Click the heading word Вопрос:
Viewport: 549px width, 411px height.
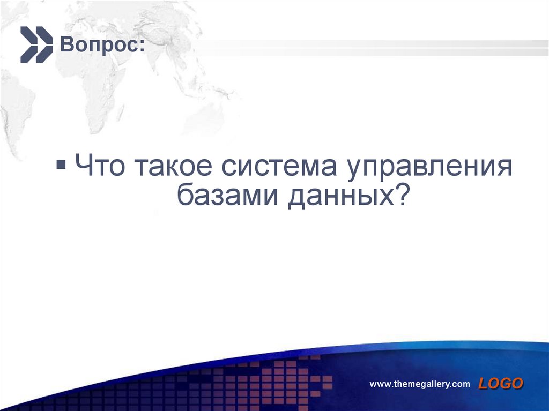coord(101,45)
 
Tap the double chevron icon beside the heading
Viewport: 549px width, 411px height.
coord(36,44)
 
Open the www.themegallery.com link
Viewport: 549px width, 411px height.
coord(420,384)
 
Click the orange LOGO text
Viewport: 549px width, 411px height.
coord(501,383)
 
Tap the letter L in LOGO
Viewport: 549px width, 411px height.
coord(484,383)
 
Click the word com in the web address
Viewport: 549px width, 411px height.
coord(461,384)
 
